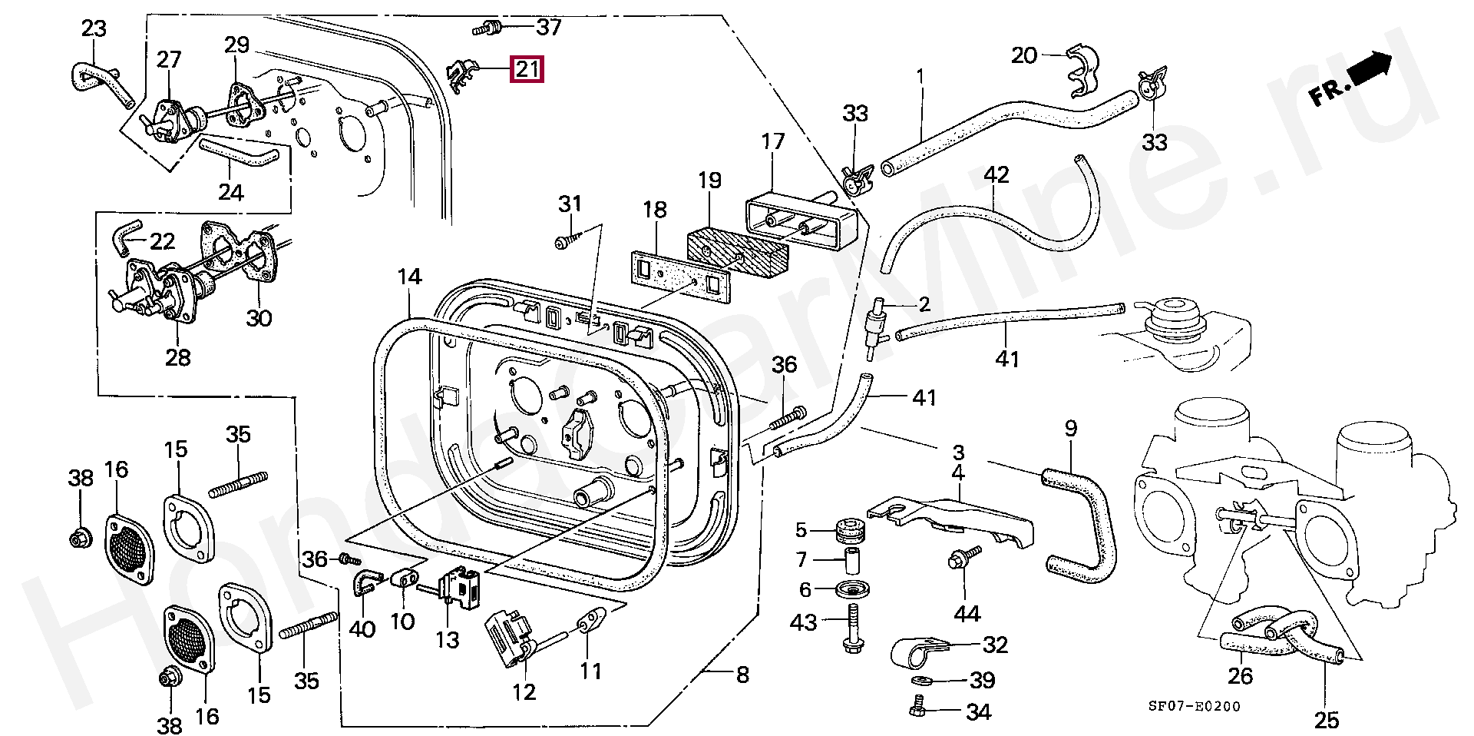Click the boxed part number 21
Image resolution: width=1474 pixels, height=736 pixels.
point(527,69)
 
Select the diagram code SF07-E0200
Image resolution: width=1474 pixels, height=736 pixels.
point(1194,707)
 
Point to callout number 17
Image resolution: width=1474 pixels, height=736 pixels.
point(773,141)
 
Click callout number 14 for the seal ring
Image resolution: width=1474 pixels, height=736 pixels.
point(410,277)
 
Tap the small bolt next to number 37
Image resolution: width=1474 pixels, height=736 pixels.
point(485,28)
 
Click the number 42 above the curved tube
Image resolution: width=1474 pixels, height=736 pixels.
point(996,175)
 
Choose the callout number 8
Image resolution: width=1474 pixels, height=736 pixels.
point(742,675)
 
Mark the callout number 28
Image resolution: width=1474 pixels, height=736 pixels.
point(177,356)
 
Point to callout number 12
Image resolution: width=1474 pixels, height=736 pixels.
point(524,691)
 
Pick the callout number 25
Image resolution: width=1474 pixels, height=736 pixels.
point(1326,720)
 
